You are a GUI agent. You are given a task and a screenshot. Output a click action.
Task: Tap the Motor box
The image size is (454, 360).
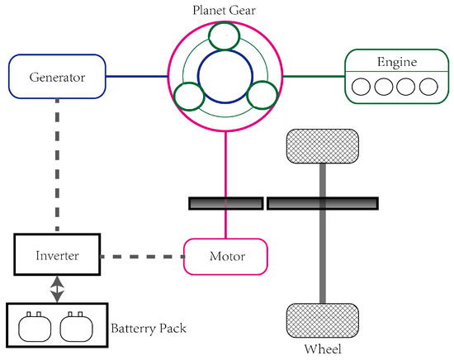click(225, 257)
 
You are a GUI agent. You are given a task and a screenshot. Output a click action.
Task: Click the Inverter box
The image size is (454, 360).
click(56, 255)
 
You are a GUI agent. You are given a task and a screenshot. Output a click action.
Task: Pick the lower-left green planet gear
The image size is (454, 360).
click(189, 97)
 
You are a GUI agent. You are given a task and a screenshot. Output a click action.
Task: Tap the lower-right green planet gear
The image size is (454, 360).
click(261, 96)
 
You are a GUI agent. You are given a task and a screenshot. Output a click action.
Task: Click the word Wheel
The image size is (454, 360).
click(321, 348)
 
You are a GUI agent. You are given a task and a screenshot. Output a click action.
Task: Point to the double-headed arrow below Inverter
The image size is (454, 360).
click(56, 289)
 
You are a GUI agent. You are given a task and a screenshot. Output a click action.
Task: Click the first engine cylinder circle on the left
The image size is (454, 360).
click(362, 85)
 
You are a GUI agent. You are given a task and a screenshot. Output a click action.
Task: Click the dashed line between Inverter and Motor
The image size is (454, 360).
click(141, 256)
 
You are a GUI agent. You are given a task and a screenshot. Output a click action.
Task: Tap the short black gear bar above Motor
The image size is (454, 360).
click(225, 202)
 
